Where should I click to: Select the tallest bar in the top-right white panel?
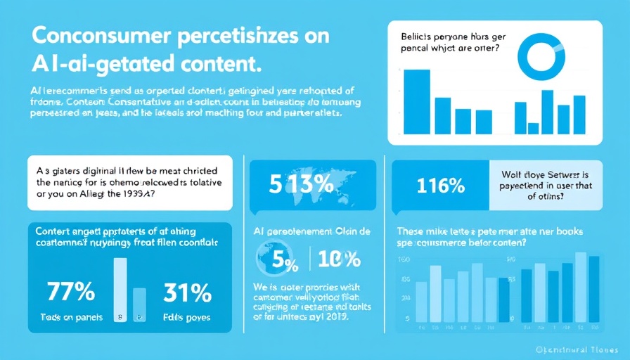tap(416, 101)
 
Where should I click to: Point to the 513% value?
tap(292, 185)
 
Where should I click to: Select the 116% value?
tap(440, 186)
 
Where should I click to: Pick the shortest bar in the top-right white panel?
tap(533, 128)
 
